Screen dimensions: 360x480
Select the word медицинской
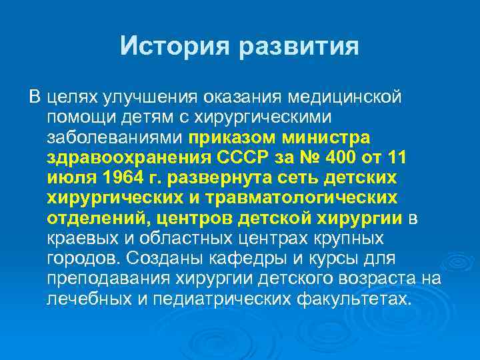344,98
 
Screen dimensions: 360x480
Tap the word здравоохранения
129,159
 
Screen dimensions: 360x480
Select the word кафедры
243,259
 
